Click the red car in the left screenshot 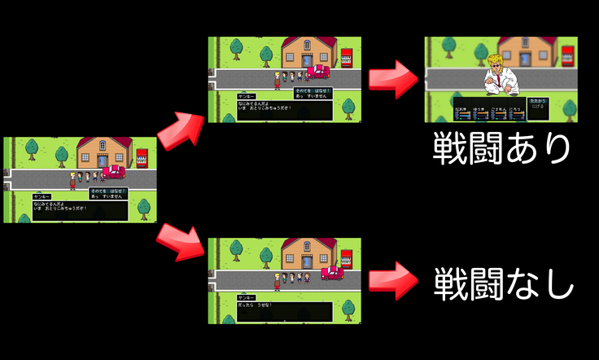point(113,172)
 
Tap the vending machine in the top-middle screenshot point(348,57)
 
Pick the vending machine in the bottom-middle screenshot point(348,258)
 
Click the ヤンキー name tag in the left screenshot point(42,197)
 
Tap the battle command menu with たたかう point(537,103)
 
